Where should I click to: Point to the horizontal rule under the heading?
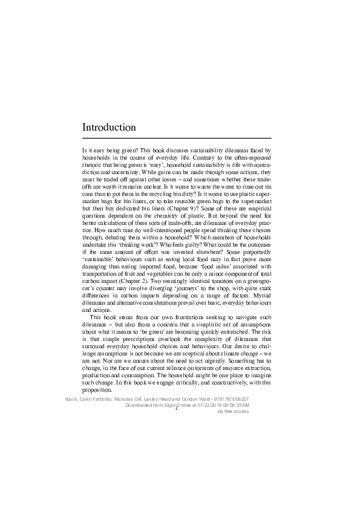(x=176, y=138)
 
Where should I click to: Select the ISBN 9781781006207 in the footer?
(x=221, y=400)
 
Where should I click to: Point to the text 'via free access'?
(x=228, y=412)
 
